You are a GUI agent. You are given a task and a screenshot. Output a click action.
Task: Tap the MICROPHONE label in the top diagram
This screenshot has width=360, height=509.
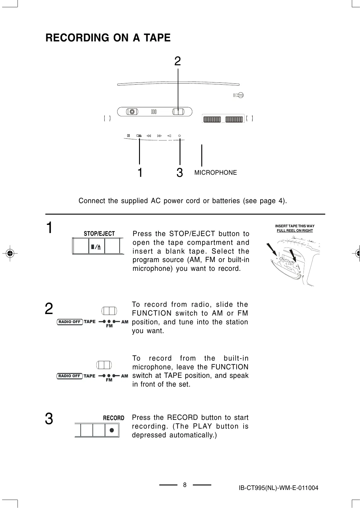click(216, 173)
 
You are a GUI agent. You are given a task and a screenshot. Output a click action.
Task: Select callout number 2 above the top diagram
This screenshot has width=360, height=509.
click(178, 61)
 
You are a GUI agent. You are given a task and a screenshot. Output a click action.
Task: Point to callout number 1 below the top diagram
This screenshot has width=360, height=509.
click(140, 173)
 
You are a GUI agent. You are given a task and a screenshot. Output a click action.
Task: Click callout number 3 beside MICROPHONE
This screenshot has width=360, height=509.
click(180, 173)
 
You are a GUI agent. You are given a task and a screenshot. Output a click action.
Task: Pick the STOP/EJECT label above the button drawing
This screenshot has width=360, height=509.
click(99, 234)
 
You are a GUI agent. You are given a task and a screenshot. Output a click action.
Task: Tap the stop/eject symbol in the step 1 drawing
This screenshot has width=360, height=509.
click(96, 247)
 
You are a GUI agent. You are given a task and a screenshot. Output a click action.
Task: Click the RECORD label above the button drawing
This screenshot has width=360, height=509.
click(114, 418)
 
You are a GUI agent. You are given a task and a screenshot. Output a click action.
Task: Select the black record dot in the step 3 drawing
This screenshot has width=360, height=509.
click(112, 430)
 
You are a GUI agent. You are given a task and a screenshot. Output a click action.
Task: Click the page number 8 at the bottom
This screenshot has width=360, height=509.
click(185, 485)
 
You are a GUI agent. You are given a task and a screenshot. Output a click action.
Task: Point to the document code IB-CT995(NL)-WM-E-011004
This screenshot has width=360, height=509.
click(278, 488)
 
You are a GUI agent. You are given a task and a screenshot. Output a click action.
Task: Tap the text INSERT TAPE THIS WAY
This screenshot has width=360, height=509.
click(295, 226)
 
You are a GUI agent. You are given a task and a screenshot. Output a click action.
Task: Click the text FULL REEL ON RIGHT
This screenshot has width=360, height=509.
click(295, 231)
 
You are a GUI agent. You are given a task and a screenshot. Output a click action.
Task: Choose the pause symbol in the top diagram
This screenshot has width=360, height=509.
click(128, 136)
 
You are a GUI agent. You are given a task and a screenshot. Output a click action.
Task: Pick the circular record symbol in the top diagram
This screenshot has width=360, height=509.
click(179, 136)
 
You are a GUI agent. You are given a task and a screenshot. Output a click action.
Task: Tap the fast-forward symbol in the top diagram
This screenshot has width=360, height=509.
click(159, 136)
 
